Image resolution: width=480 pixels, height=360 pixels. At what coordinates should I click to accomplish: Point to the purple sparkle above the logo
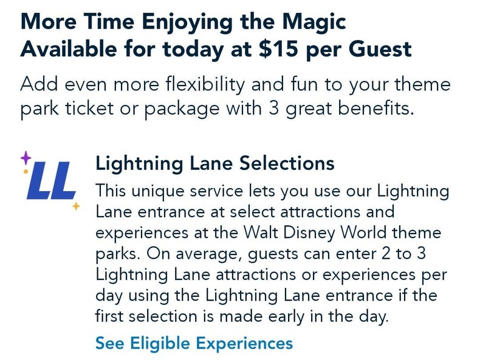[26, 158]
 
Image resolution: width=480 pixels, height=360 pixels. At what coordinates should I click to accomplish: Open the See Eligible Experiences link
[194, 343]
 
